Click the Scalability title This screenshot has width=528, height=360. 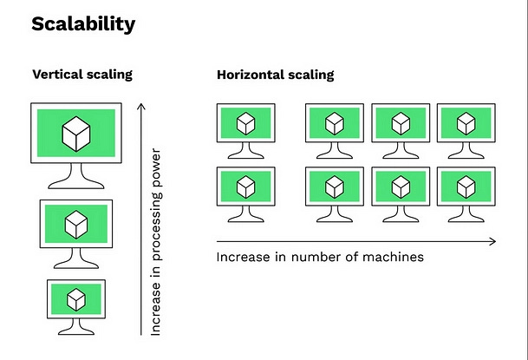point(83,23)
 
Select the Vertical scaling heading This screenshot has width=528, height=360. point(82,75)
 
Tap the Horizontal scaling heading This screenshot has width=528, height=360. point(275,75)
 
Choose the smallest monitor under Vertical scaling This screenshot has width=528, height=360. point(77,299)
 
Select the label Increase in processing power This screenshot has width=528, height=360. point(156,243)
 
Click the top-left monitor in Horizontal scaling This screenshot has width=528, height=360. point(245,123)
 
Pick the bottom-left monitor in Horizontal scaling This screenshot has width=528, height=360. point(245,186)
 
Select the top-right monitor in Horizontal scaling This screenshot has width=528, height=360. point(466,123)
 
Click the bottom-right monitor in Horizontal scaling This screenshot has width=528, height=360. point(466,186)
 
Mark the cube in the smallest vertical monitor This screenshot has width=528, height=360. point(77,299)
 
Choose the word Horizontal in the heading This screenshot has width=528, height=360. point(251,75)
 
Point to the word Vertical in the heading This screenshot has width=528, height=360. point(57,75)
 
